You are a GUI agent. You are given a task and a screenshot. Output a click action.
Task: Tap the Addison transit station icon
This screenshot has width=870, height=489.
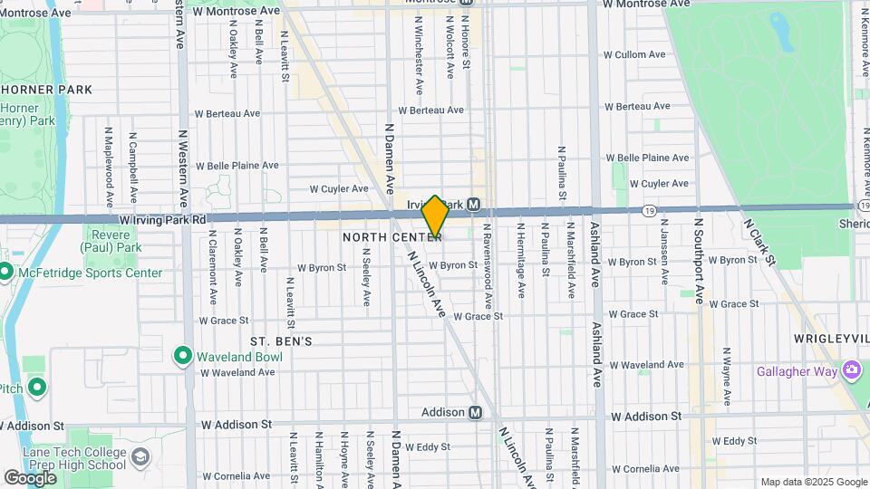pyautogui.click(x=475, y=412)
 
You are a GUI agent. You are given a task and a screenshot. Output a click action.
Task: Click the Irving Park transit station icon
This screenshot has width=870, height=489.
pyautogui.click(x=474, y=205)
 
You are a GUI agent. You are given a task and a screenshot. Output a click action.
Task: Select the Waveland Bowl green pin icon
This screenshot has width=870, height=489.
pyautogui.click(x=182, y=356)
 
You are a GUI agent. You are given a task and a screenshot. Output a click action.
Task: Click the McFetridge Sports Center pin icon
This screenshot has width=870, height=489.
pyautogui.click(x=5, y=273)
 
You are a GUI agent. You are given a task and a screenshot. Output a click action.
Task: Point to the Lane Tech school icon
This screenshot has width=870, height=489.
pyautogui.click(x=140, y=457)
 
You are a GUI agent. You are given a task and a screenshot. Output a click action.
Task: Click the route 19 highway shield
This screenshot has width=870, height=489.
pyautogui.click(x=649, y=210)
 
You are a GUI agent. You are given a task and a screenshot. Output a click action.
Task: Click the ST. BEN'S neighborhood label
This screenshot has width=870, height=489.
pyautogui.click(x=281, y=341)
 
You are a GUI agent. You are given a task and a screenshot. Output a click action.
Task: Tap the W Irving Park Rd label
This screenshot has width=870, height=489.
pyautogui.click(x=162, y=220)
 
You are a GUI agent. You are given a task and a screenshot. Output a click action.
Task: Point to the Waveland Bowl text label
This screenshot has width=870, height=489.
pyautogui.click(x=241, y=357)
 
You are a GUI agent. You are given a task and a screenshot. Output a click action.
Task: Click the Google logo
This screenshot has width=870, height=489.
pyautogui.click(x=30, y=477)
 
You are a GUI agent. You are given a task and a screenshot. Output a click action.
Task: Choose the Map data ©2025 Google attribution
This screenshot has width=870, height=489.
pyautogui.click(x=813, y=482)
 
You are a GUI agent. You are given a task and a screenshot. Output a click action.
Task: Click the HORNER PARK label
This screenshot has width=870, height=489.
pyautogui.click(x=47, y=90)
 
